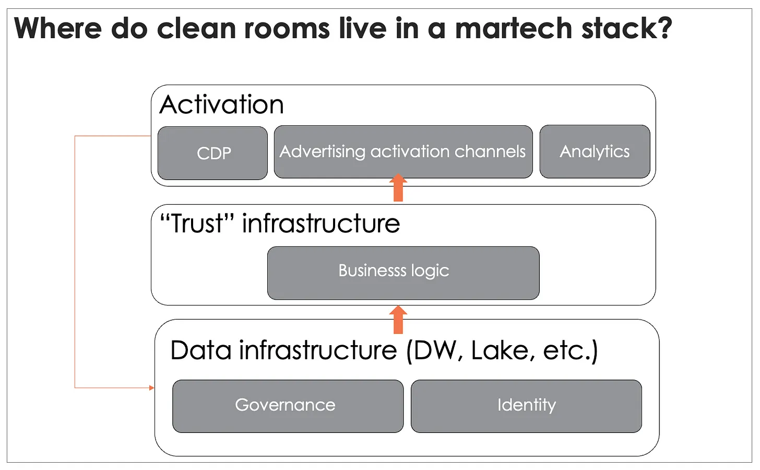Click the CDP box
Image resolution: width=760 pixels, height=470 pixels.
coord(213,153)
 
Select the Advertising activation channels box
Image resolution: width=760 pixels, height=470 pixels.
coord(403,151)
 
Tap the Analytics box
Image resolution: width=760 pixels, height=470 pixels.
coord(595,151)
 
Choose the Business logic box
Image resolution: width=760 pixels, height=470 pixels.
coord(403,273)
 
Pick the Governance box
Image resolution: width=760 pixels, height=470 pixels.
coord(288,406)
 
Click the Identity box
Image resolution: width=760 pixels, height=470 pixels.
coord(526,406)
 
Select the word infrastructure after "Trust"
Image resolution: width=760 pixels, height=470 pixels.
coord(321,224)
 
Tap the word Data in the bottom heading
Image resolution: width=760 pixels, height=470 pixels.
coord(201,350)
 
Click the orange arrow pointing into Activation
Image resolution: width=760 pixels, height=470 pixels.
coord(398,187)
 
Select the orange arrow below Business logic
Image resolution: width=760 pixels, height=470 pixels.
coord(398,320)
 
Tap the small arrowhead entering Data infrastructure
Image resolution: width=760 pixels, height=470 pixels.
coord(152,387)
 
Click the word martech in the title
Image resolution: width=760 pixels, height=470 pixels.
coord(514,29)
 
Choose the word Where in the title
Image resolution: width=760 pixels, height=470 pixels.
coord(58,29)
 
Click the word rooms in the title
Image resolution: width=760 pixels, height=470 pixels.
coord(287,30)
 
